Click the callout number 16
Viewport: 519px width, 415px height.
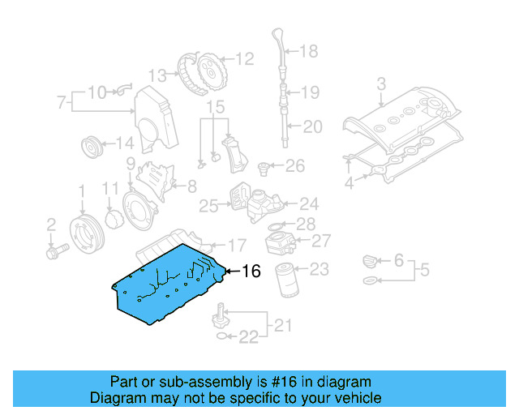(x=251, y=272)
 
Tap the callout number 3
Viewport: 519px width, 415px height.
(x=381, y=83)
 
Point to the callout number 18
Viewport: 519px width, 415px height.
(x=309, y=52)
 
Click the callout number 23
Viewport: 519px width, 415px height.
(x=320, y=268)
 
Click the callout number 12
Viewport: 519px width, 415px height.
(x=244, y=58)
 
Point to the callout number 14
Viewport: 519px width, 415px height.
(x=124, y=143)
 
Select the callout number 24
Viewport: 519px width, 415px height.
(x=309, y=204)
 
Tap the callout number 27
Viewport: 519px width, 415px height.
(x=322, y=240)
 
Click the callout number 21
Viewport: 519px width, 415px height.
(x=281, y=326)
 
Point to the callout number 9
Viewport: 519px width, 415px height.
(x=130, y=165)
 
